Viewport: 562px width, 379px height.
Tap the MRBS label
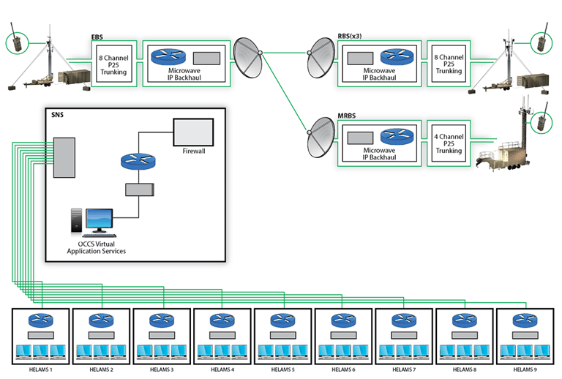click(349, 116)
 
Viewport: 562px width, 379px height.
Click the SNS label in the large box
click(56, 115)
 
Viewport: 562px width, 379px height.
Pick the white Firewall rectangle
click(193, 132)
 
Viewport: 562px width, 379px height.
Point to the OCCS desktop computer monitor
click(99, 219)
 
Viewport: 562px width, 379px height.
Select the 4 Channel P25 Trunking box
click(449, 142)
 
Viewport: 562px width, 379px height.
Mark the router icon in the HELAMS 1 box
click(40, 320)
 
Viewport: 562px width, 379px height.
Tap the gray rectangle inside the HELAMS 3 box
click(162, 334)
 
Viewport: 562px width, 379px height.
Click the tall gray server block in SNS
click(64, 157)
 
